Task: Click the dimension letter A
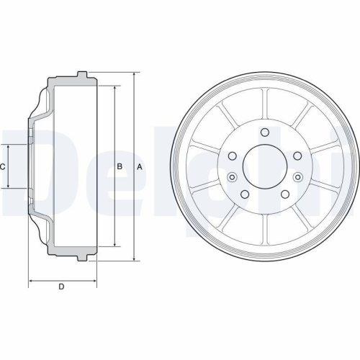[140, 167]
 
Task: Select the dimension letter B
[120, 167]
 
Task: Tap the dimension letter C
[4, 167]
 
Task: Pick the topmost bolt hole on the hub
[265, 132]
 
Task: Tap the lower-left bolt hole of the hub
[245, 194]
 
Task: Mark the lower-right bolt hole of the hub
[285, 194]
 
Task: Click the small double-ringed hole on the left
[231, 178]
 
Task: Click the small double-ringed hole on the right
[298, 176]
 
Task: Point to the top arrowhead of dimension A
[134, 75]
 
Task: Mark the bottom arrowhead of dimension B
[114, 246]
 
